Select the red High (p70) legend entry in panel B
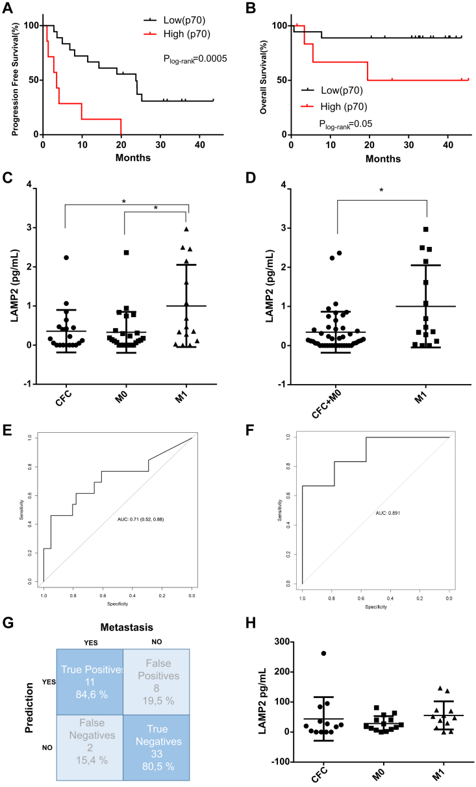point(335,105)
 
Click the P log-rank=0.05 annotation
point(345,122)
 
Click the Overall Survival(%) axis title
point(264,81)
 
